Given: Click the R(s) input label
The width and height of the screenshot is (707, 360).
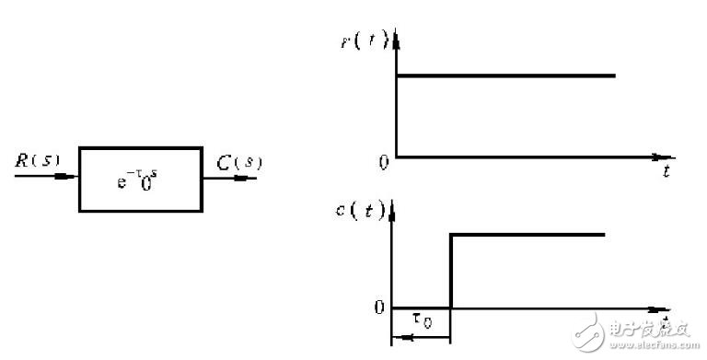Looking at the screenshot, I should [x=38, y=159].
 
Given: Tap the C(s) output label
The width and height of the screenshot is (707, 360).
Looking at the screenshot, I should [x=239, y=164].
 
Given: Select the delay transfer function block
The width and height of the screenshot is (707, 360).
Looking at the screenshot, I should [x=141, y=179].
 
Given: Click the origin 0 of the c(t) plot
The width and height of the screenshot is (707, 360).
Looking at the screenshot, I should [x=378, y=308].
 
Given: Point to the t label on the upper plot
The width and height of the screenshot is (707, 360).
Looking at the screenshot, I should [x=665, y=172].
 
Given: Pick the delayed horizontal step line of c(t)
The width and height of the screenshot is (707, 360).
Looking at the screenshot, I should [x=527, y=235].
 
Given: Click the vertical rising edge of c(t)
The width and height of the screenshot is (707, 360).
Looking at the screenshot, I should [x=450, y=272].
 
